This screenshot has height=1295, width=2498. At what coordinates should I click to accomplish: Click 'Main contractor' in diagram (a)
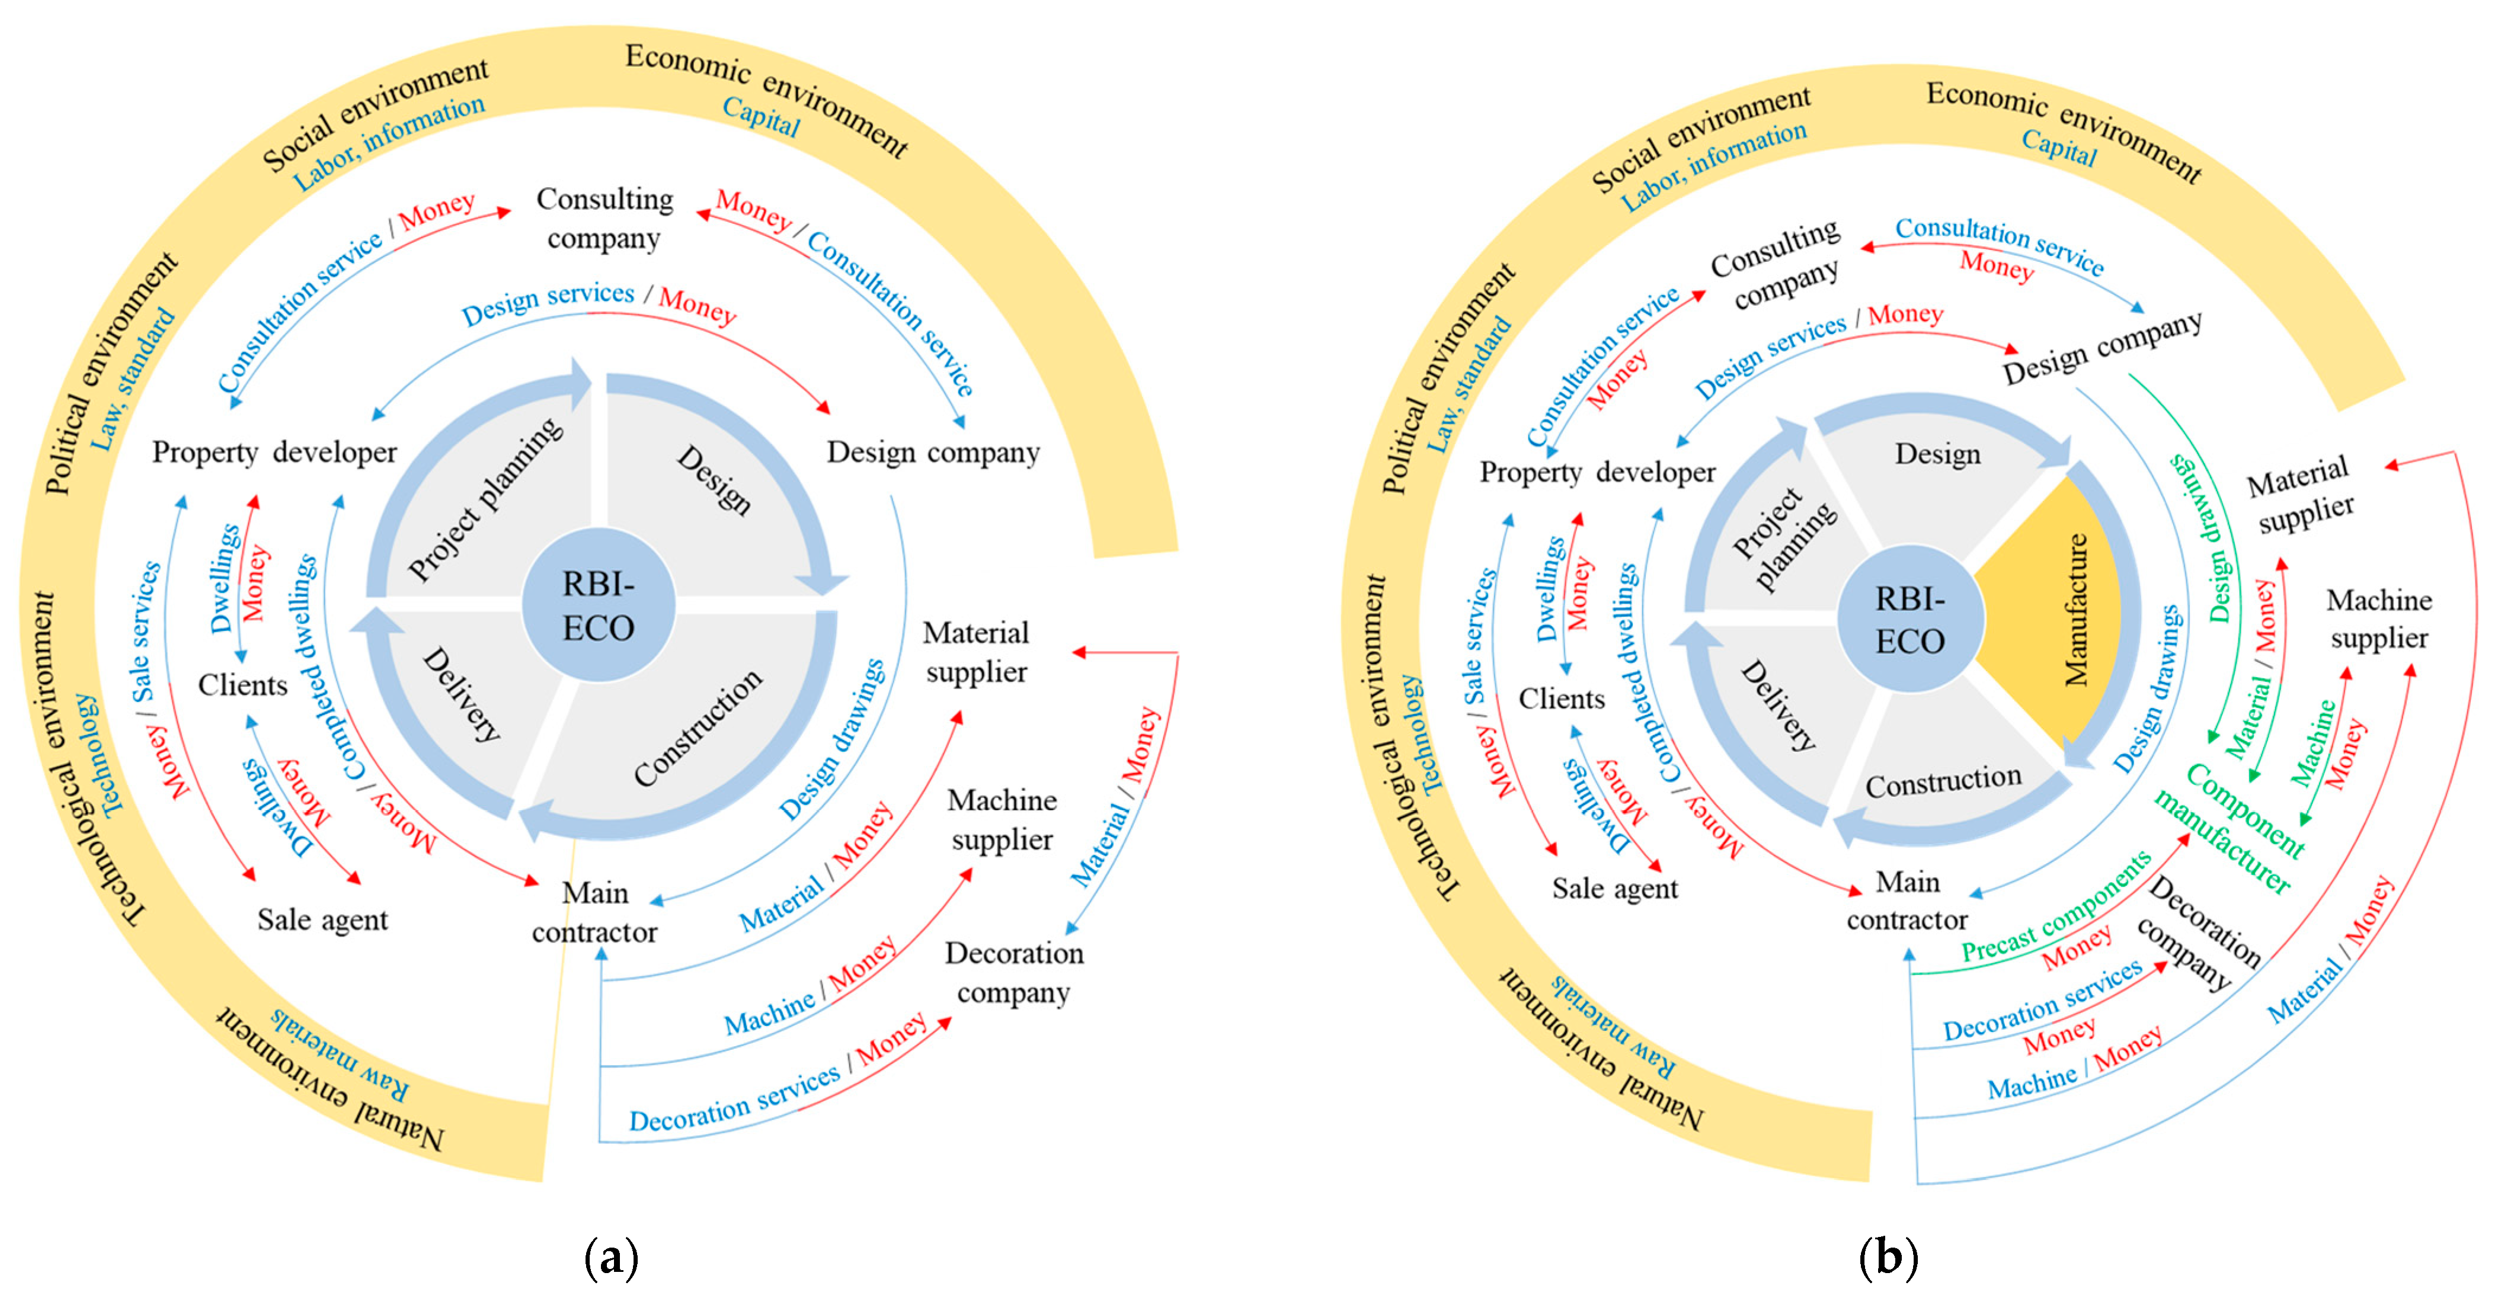click(594, 911)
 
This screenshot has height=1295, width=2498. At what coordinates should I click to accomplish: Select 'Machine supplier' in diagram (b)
click(2379, 618)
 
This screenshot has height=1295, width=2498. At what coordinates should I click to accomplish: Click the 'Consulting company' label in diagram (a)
click(604, 218)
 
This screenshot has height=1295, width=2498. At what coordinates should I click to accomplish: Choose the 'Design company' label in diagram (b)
click(2102, 347)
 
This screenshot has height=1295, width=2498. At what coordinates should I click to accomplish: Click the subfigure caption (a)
click(611, 1257)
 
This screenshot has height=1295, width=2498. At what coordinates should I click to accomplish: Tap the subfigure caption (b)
click(1887, 1257)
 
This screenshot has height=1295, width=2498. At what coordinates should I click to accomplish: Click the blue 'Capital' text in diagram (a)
click(761, 118)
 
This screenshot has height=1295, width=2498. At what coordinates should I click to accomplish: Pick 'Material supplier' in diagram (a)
click(975, 652)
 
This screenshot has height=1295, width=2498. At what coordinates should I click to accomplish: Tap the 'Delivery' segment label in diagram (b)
click(1777, 706)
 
